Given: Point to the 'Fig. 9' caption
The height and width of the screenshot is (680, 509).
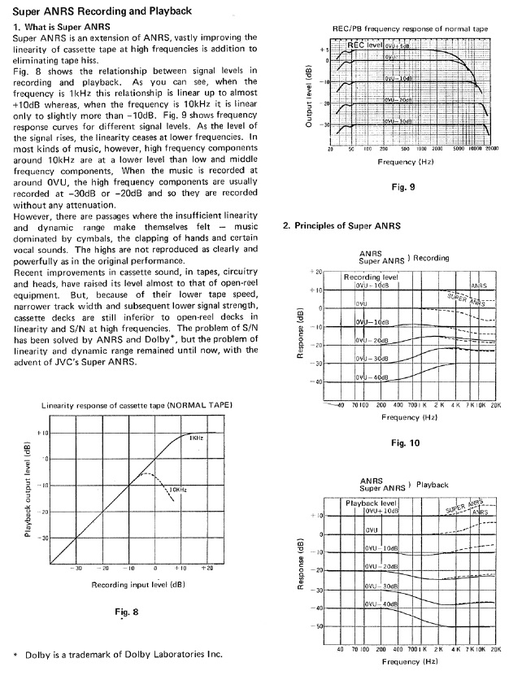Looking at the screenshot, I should pos(403,187).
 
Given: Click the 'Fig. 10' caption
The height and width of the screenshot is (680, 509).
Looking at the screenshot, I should pos(403,442).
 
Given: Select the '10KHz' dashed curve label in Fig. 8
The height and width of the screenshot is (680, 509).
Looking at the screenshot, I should pos(179,490).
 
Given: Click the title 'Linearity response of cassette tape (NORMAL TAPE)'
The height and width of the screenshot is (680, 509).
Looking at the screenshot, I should pos(137,405).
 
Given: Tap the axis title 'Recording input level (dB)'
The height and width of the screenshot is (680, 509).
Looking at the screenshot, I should pos(137,584).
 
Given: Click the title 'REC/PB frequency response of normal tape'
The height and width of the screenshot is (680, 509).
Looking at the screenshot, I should pos(411,28).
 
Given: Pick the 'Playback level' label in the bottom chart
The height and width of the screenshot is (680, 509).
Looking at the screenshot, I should pos(371,503).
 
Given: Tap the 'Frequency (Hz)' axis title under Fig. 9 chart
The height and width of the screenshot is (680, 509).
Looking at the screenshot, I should pos(407,162).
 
